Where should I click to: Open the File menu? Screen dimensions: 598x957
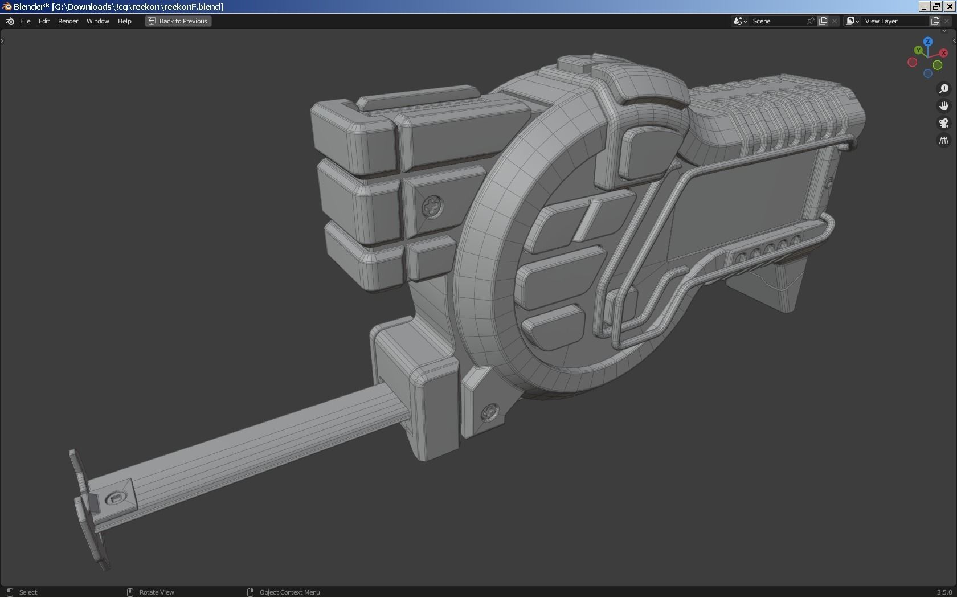25,21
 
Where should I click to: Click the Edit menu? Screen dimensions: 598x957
44,21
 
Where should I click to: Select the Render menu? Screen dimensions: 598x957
68,21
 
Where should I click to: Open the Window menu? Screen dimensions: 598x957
97,21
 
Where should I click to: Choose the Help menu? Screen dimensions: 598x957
124,21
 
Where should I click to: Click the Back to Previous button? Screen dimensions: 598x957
178,21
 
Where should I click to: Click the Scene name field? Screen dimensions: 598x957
778,21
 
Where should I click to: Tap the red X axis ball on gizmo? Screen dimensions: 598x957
944,53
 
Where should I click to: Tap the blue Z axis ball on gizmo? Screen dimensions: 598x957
928,42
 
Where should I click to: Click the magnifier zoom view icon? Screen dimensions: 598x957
944,89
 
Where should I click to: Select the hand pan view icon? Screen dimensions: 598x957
944,106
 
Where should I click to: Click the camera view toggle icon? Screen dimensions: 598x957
944,123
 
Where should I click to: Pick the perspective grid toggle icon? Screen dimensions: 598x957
944,140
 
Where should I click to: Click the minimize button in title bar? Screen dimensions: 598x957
924,6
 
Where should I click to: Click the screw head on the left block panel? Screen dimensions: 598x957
432,206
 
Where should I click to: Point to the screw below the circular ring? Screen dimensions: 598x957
490,412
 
